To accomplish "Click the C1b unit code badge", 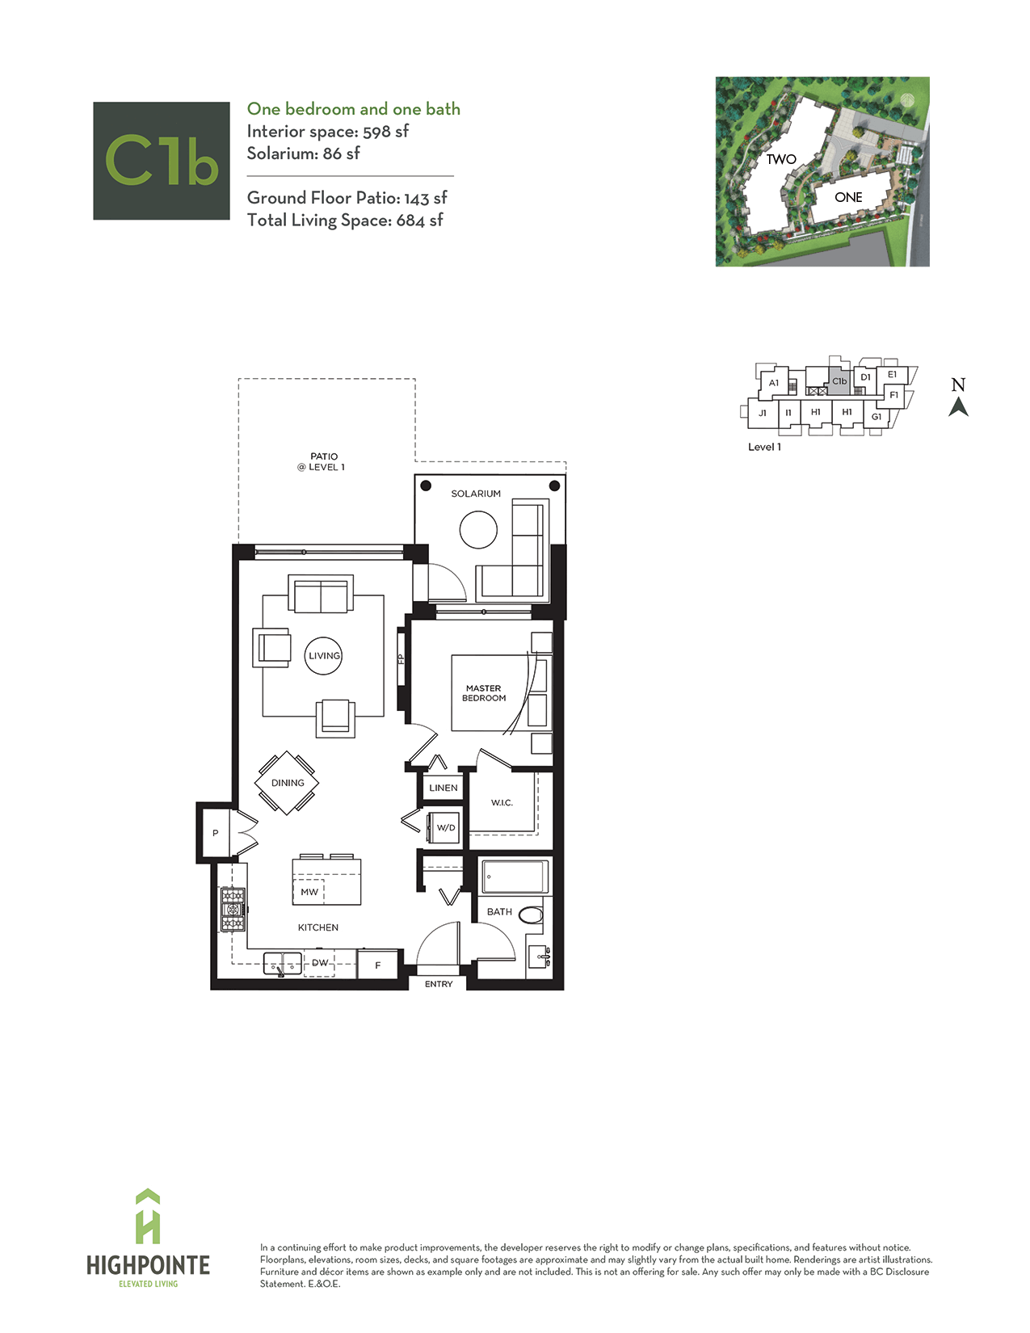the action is pos(162,161).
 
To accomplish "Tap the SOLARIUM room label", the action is pos(476,494).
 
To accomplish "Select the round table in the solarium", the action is pos(478,529).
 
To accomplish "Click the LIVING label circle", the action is pos(323,656).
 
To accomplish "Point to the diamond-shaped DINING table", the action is pos(287,783).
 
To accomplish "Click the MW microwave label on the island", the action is pos(309,892).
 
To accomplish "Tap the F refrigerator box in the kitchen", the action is pos(377,965).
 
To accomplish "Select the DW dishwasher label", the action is pos(320,962).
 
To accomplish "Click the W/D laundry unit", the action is pos(445,827).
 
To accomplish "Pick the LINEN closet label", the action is pos(443,788).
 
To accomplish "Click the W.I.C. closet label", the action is pos(502,802).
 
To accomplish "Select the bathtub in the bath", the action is pos(515,877).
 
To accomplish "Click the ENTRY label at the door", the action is pos(439,984).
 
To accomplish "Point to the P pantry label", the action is pos(216,833).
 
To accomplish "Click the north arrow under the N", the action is pos(958,407).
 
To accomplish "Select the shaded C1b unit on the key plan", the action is pos(840,381).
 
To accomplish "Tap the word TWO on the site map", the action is pos(781,159).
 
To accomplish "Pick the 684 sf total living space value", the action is pos(419,221).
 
